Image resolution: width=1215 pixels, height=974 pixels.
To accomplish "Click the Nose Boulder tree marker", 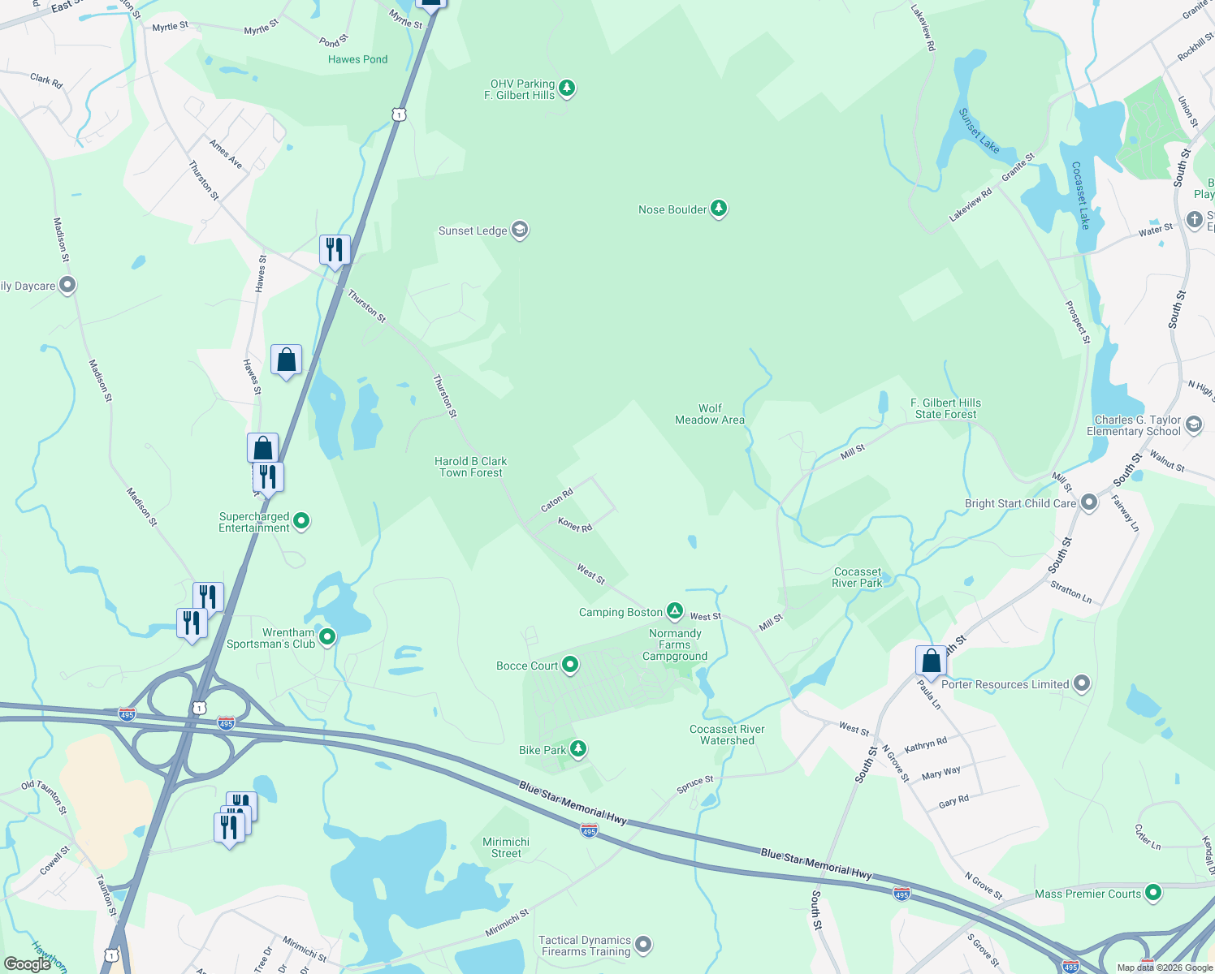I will pos(718,209).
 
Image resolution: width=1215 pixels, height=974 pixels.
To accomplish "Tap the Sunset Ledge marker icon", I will pos(520,231).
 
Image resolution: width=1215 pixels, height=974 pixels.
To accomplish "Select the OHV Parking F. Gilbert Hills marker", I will pos(567,88).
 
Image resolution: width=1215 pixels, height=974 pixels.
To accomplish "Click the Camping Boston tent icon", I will pos(675,611).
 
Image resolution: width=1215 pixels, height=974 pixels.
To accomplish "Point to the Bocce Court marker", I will pos(570,665).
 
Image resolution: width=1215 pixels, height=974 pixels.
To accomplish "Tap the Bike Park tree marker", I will pos(577,749).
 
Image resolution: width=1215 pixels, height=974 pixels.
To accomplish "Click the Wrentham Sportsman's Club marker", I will pos(327,637).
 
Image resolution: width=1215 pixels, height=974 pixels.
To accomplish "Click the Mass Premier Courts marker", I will pos(1152,894).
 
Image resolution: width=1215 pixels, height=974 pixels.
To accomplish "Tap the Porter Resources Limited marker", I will pos(1081,683).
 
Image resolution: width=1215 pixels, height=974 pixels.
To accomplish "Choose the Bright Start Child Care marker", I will pos(1089,503).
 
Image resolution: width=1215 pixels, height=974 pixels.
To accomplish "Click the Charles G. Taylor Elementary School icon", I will pos(1194,425).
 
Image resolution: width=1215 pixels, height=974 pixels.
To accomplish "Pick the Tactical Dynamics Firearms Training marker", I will pos(643,945).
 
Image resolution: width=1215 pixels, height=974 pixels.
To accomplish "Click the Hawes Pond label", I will pos(357,59).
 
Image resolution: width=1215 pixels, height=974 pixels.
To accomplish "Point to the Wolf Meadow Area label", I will pos(710,414).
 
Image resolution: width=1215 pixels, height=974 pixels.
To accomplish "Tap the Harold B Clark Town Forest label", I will pos(471,467).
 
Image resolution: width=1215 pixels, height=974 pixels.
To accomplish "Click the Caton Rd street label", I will pos(557,499).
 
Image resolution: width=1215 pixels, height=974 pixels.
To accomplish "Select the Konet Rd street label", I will pos(575,526).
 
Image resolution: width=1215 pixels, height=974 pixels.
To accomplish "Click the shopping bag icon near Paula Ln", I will pos(931,661).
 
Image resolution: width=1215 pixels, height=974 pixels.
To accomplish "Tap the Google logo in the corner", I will pos(28,964).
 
